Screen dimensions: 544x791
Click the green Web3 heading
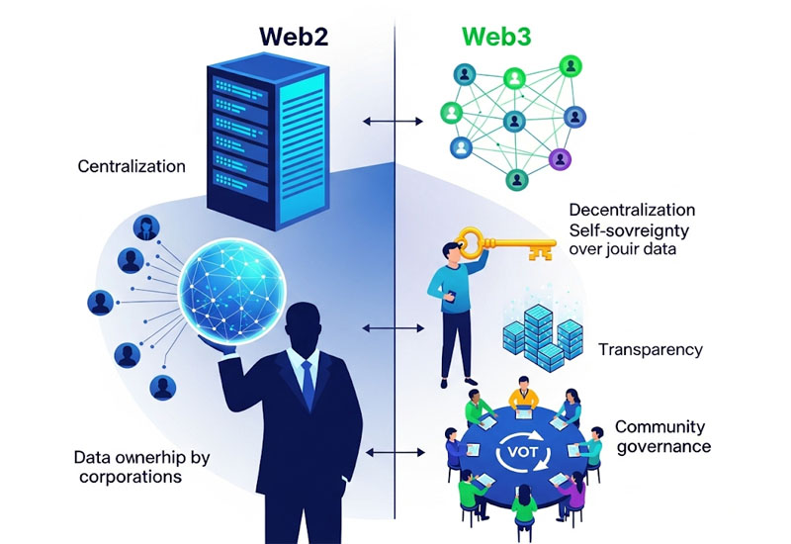click(495, 37)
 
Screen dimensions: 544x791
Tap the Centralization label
click(132, 166)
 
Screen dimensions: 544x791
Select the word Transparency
click(650, 349)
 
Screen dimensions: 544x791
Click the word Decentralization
click(632, 211)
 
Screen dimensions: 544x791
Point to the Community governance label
click(661, 436)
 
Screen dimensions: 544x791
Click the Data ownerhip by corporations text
click(133, 467)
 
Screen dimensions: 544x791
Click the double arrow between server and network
click(381, 121)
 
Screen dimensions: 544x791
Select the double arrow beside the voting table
click(382, 454)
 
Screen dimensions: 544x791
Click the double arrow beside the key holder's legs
click(381, 327)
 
